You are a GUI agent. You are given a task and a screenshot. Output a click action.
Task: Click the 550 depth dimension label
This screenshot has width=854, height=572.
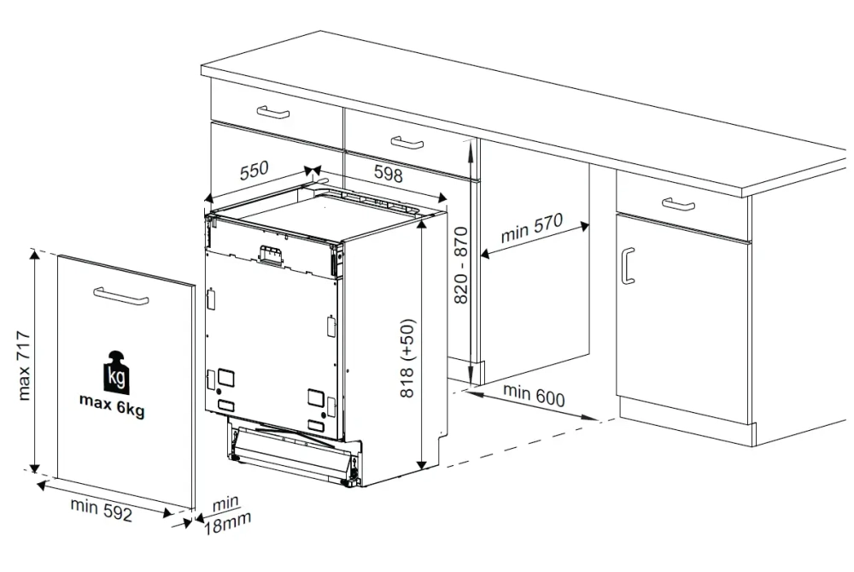point(254,170)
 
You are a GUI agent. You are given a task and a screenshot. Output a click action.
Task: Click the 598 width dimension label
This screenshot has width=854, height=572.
point(389,173)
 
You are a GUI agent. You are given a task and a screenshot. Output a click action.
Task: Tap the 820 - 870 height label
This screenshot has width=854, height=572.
point(461,265)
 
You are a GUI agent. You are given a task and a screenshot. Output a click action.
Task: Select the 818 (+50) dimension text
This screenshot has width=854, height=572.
point(408,357)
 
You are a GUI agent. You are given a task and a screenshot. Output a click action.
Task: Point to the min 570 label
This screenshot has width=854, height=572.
point(531,228)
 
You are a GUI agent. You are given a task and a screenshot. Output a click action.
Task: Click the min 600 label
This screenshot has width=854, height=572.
point(534,395)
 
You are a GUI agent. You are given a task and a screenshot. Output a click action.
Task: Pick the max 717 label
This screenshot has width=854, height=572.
point(24,365)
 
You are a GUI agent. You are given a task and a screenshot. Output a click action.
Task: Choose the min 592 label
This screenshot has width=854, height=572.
point(102,510)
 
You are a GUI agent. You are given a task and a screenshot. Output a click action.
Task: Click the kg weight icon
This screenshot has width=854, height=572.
point(116,373)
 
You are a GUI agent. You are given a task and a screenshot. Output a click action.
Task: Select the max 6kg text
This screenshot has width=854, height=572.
point(112,404)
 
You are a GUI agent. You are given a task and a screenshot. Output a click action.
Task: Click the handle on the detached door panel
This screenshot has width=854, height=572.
point(121,296)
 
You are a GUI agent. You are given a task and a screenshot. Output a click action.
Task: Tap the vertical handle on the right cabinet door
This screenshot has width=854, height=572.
point(628,266)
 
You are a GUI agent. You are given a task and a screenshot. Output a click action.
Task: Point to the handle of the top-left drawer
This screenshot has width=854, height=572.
point(273,112)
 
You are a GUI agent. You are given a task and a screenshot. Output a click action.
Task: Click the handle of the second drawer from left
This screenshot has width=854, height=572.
point(407,143)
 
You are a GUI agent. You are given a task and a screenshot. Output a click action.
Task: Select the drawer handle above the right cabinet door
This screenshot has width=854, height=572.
point(678,204)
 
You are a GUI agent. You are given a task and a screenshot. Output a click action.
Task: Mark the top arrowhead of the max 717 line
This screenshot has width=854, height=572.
point(34,255)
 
